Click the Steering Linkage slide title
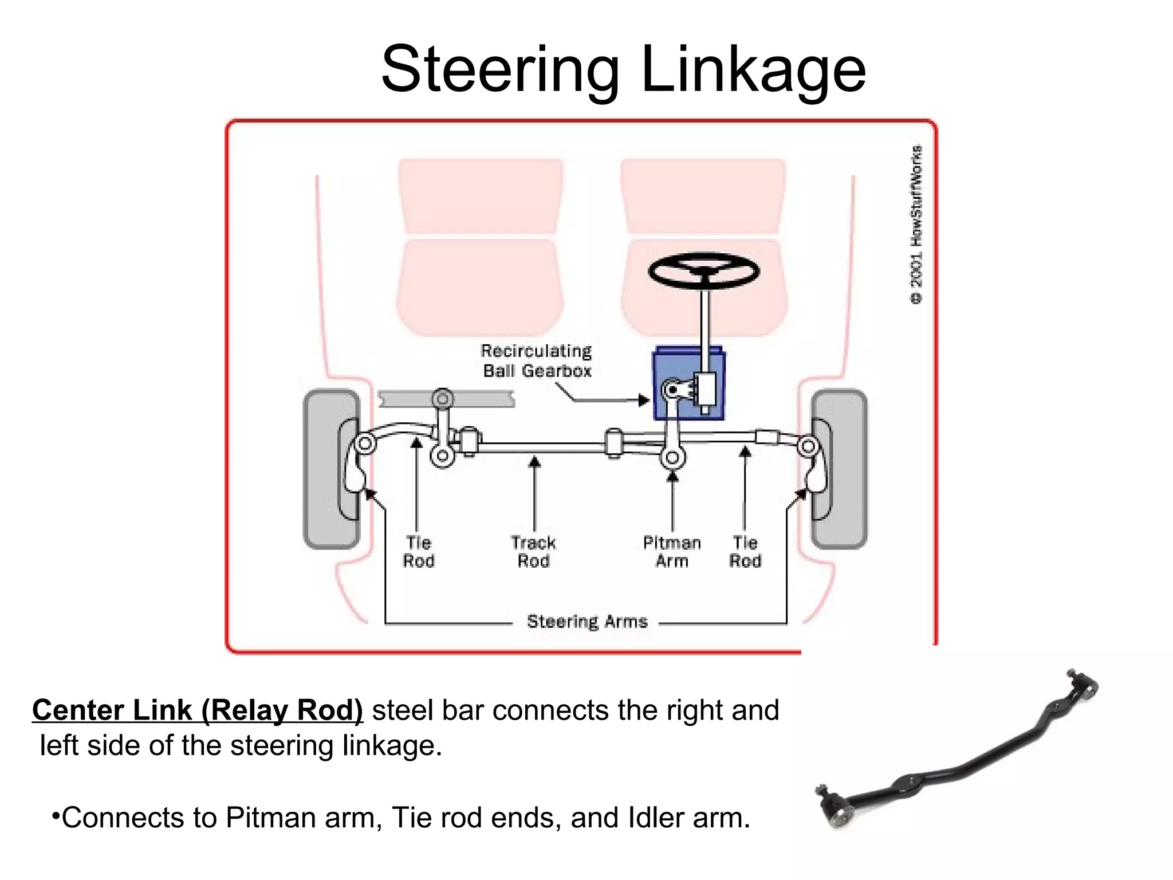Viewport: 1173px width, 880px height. click(x=623, y=70)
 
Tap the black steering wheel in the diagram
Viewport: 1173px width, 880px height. click(x=704, y=270)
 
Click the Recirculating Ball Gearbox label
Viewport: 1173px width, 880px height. click(x=537, y=361)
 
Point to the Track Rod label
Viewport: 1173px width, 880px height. click(x=533, y=551)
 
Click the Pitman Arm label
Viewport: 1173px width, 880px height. click(x=672, y=551)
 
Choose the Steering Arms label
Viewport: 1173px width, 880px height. click(x=587, y=622)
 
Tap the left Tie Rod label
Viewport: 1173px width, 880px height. click(x=419, y=551)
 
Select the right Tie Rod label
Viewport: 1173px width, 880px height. click(x=745, y=551)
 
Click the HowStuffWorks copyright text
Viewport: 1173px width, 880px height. click(x=916, y=225)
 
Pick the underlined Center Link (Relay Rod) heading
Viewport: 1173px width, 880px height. click(x=198, y=710)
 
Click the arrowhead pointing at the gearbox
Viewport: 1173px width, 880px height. click(x=644, y=400)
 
